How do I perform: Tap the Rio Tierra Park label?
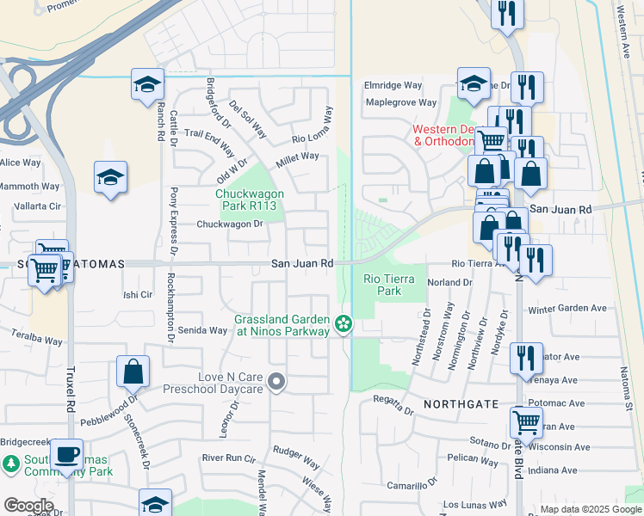coord(389,285)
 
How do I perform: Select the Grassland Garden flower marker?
coord(344,324)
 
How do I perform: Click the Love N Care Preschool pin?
coord(276,381)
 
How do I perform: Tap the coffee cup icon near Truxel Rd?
coord(66,455)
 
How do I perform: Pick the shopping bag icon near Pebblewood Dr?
coord(133,372)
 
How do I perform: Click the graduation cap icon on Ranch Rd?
coord(148,85)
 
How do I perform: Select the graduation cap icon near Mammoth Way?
coord(111,178)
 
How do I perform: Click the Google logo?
coord(28,506)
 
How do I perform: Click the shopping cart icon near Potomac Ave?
coord(527,421)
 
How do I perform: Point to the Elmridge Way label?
coord(393,86)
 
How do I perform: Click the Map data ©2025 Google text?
coord(590,509)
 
